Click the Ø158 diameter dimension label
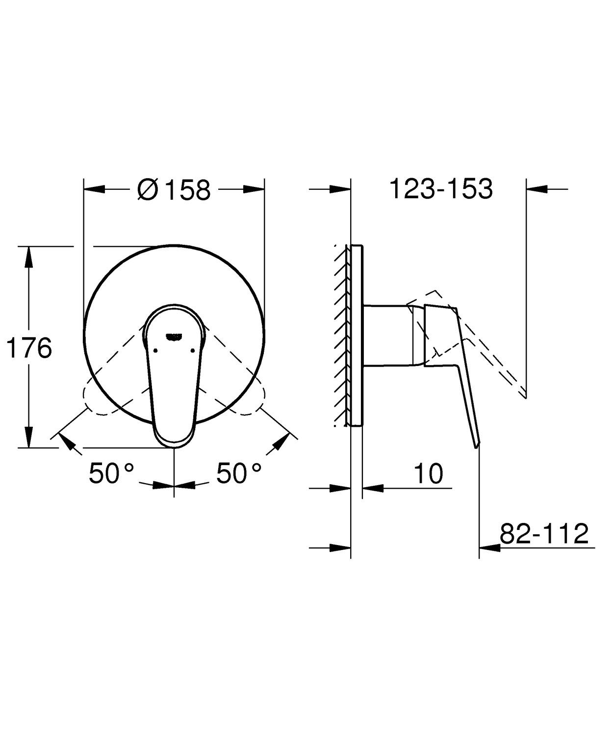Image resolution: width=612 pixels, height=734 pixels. pos(174,189)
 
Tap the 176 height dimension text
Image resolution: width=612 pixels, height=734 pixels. pos(29,349)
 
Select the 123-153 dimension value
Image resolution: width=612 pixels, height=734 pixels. pos(440,189)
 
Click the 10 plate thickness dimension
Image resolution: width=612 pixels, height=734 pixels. pos(428,473)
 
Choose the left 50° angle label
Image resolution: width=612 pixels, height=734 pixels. pos(111,473)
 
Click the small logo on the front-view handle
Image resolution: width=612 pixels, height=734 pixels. pos(175,336)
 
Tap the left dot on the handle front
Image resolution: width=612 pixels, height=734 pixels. pos(155,350)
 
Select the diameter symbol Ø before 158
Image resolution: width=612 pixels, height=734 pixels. pos(148,189)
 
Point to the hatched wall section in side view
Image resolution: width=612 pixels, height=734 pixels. pos(342,334)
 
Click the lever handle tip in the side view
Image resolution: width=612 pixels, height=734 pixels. pos(476,445)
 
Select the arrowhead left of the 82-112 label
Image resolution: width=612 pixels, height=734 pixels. pos(489,548)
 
